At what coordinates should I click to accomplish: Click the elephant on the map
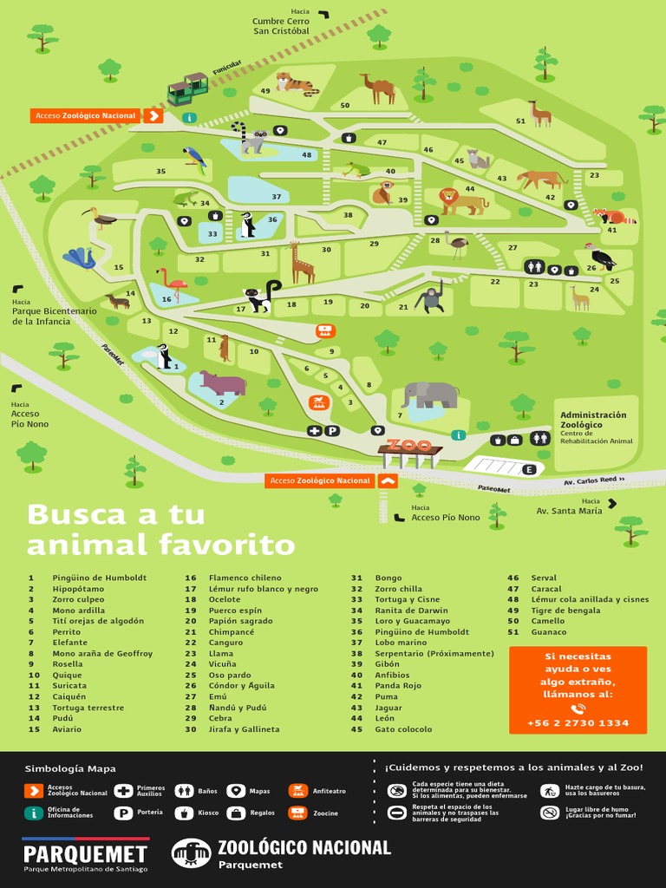431,395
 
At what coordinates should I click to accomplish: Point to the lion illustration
460,201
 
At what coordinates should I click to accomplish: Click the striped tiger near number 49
295,83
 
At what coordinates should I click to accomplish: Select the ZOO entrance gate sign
409,446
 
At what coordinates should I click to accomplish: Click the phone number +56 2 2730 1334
578,723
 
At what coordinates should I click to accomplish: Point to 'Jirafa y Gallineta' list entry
244,729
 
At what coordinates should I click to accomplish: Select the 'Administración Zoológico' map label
593,420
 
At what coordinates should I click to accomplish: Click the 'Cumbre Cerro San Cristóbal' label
281,26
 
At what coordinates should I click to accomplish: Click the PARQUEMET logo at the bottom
85,854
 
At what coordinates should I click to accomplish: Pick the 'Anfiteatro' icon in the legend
297,791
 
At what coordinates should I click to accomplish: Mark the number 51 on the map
520,121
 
